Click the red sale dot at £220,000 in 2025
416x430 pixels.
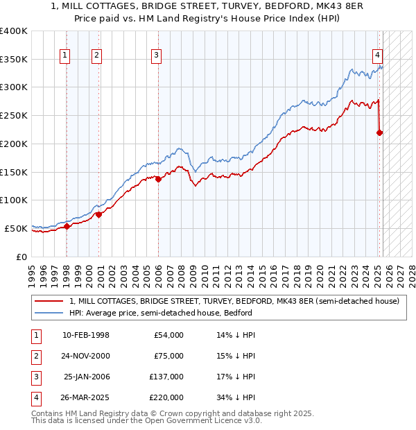(380, 132)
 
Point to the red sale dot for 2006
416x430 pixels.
(158, 179)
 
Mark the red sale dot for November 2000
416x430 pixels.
(98, 214)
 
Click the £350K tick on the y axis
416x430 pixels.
(14, 59)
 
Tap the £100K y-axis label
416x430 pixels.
(14, 200)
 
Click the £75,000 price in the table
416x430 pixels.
(168, 356)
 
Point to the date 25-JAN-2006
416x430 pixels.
(86, 377)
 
